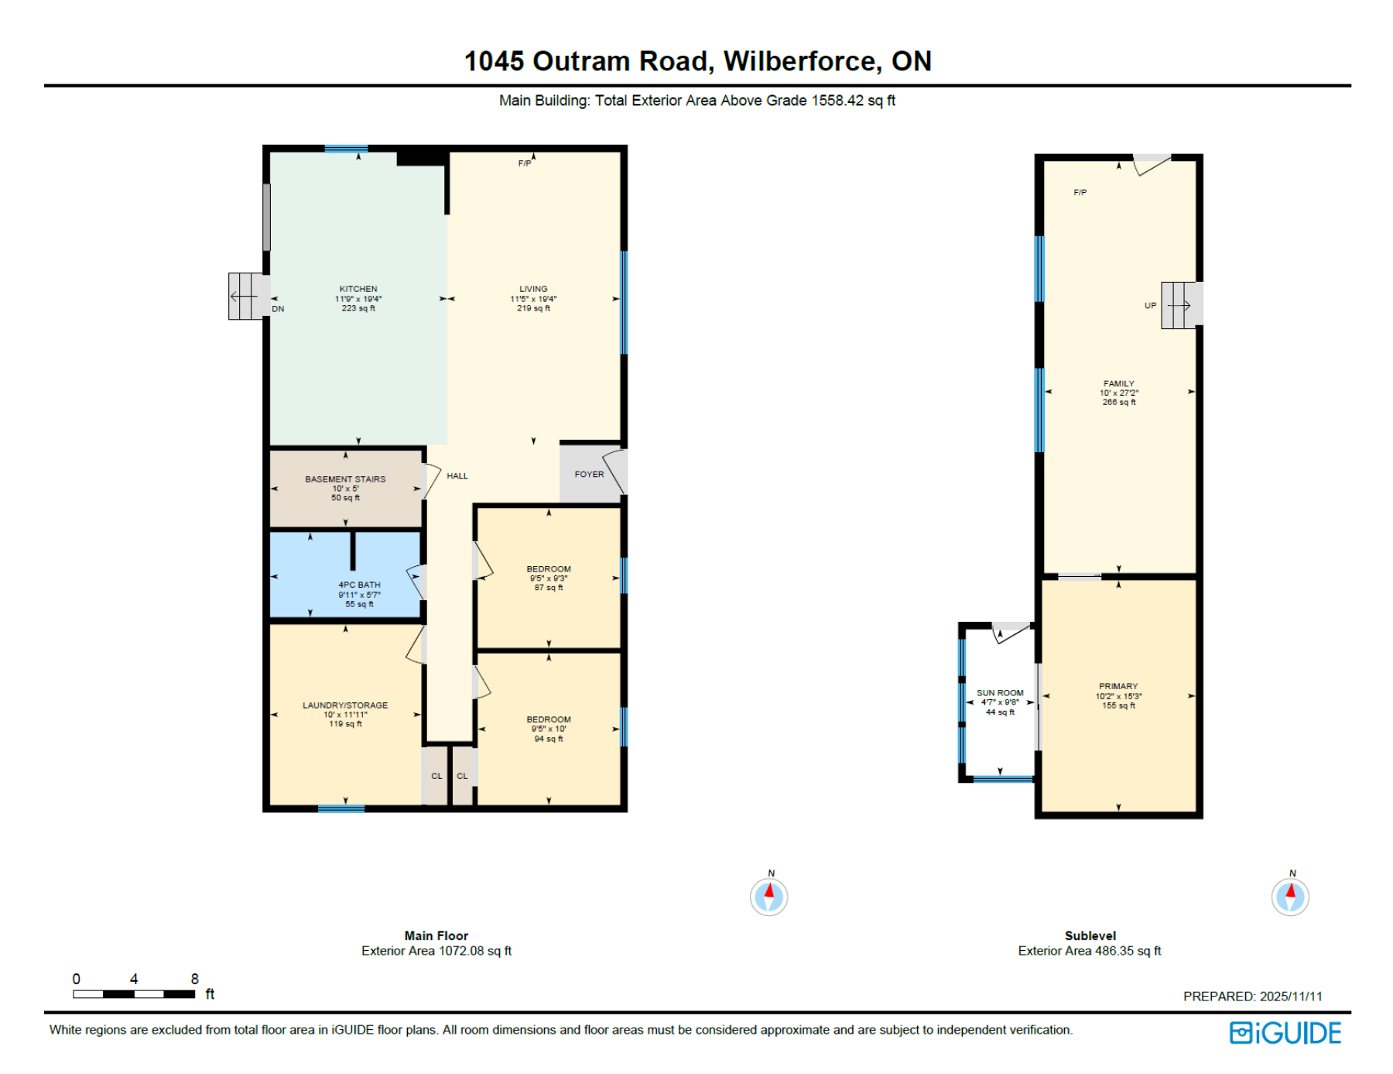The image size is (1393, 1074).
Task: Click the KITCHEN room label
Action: [x=358, y=290]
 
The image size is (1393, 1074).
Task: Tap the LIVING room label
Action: [x=533, y=290]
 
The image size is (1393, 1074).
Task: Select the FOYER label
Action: [x=589, y=475]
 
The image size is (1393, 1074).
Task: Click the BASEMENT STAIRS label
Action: [x=345, y=479]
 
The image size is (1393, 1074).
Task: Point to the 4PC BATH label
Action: [x=359, y=585]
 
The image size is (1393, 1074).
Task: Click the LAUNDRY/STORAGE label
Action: [x=345, y=705]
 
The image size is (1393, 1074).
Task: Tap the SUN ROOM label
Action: [x=1000, y=694]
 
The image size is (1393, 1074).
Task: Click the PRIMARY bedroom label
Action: [x=1118, y=687]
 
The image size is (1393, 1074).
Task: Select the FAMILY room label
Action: [x=1118, y=384]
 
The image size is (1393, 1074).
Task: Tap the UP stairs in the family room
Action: [x=1179, y=306]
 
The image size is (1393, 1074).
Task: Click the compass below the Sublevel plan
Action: [x=1290, y=897]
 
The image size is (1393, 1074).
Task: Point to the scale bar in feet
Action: [x=134, y=993]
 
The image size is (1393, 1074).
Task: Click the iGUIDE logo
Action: [x=1285, y=1033]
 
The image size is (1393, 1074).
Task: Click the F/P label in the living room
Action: [x=525, y=164]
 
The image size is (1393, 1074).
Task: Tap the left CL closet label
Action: [x=436, y=777]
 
